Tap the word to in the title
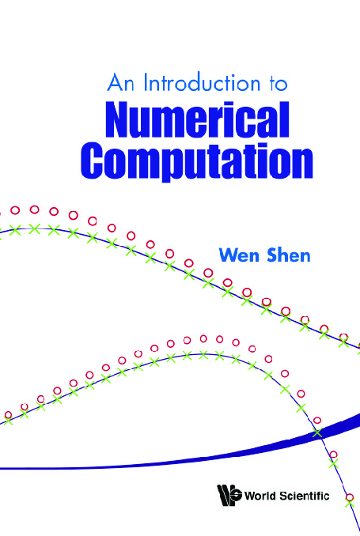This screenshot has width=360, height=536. [278, 85]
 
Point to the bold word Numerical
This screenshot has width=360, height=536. [198, 119]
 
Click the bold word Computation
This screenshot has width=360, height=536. [197, 160]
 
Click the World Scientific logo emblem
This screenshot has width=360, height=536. [229, 496]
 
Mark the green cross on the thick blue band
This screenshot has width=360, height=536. [317, 433]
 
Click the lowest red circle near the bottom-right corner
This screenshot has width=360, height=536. [350, 497]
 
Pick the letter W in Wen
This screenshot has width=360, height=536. [229, 255]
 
